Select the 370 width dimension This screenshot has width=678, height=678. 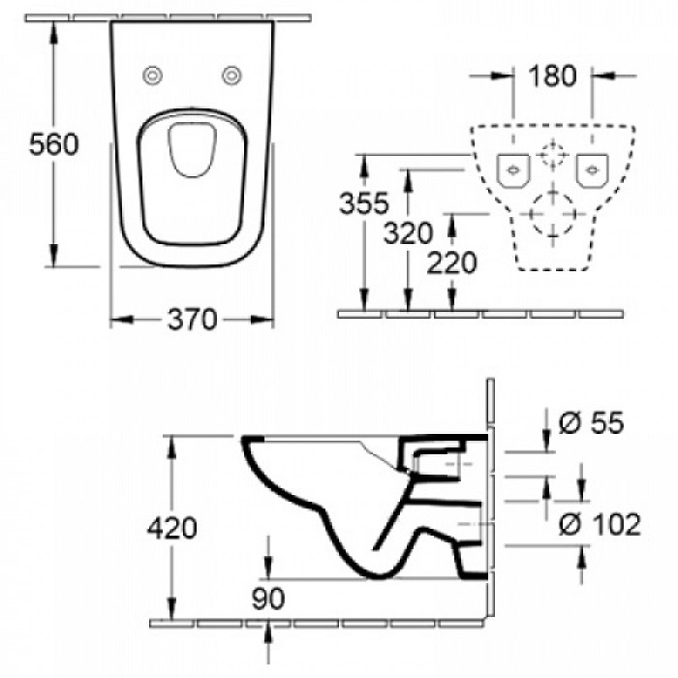(192, 319)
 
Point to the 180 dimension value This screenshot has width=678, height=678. (553, 76)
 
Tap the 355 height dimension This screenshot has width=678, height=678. (364, 203)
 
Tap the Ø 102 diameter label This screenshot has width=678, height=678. (601, 525)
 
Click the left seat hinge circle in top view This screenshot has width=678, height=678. (152, 77)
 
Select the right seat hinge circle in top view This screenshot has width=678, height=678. (231, 77)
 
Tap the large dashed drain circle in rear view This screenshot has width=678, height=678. (551, 210)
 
